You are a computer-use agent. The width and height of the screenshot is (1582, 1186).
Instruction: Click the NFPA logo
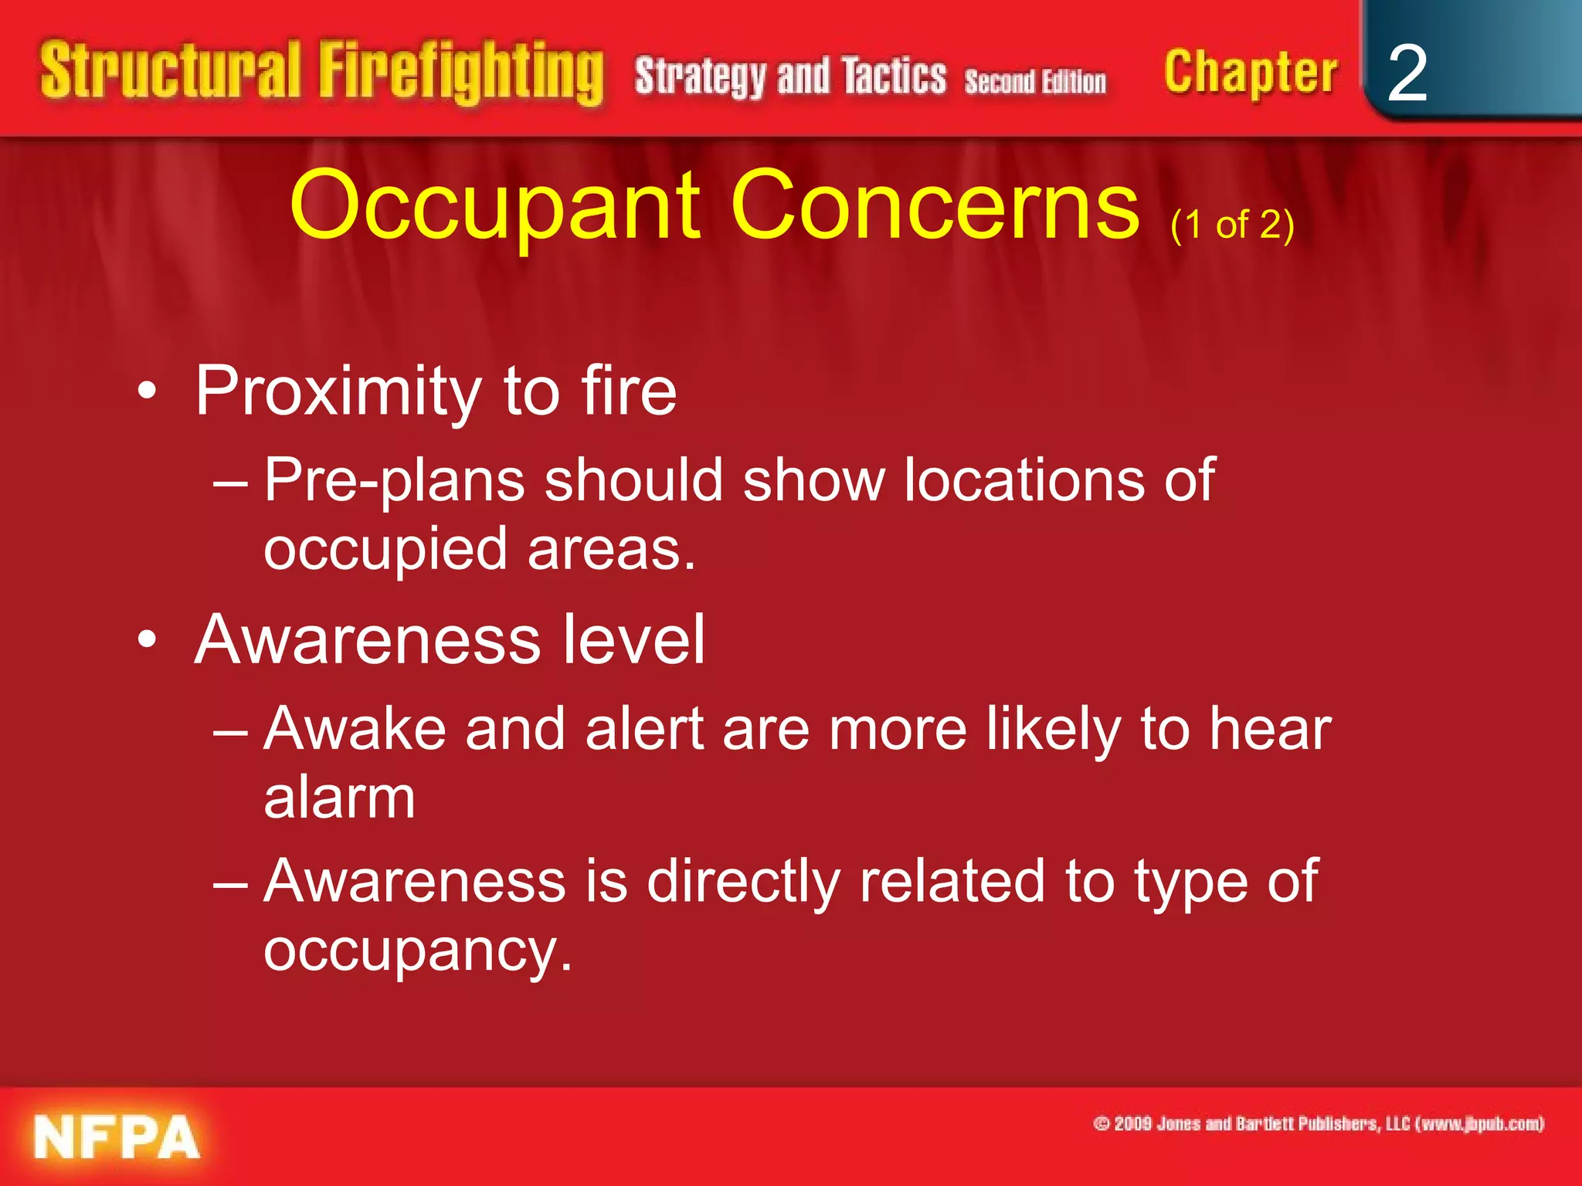tap(117, 1137)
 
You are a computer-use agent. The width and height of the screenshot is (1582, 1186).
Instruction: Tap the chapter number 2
tap(1407, 73)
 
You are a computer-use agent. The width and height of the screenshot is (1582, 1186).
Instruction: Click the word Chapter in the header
tap(1251, 73)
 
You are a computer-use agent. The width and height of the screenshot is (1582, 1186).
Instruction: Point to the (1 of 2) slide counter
tap(1232, 225)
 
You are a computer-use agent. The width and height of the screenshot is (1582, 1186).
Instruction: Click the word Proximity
tap(338, 392)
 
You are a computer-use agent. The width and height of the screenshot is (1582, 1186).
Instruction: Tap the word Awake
tap(355, 729)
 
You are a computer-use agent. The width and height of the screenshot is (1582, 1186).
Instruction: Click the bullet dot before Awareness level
tap(147, 640)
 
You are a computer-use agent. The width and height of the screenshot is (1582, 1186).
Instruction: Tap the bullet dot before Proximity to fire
tap(147, 392)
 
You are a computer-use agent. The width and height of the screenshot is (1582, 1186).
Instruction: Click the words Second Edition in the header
tap(1035, 82)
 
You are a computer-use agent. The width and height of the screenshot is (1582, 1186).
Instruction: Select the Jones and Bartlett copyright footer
tap(1319, 1123)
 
